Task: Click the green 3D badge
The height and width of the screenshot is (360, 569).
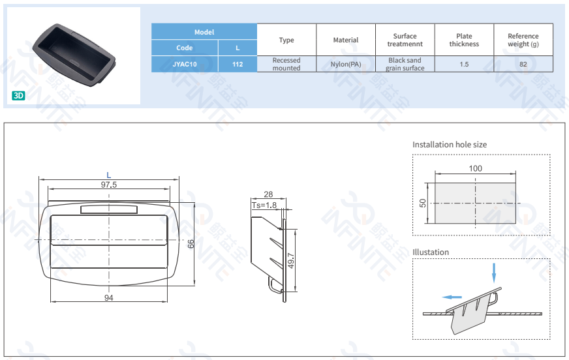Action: [x=18, y=95]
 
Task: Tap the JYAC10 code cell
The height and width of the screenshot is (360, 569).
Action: [x=185, y=64]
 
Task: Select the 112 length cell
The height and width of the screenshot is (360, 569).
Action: [x=238, y=64]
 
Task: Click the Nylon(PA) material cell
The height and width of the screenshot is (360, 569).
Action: [x=346, y=64]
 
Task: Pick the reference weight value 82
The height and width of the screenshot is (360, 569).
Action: [x=523, y=64]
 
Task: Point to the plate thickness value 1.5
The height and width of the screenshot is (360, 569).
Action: [x=464, y=64]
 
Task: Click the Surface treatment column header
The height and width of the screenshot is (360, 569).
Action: [x=405, y=40]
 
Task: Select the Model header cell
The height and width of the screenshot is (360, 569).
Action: [x=204, y=32]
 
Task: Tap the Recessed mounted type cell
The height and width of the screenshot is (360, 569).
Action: [x=286, y=64]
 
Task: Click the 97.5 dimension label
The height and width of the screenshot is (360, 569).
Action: [x=109, y=185]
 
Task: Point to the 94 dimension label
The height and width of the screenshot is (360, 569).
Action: [x=109, y=298]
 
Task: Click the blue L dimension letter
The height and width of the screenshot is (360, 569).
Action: [x=109, y=175]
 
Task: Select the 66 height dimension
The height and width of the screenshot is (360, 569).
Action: [x=191, y=244]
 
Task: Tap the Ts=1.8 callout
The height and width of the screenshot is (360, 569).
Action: [x=264, y=205]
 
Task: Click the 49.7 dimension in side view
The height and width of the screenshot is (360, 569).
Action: [x=291, y=260]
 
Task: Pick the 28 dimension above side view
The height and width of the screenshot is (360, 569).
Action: [x=268, y=194]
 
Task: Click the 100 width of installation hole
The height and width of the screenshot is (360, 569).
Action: [x=476, y=168]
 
